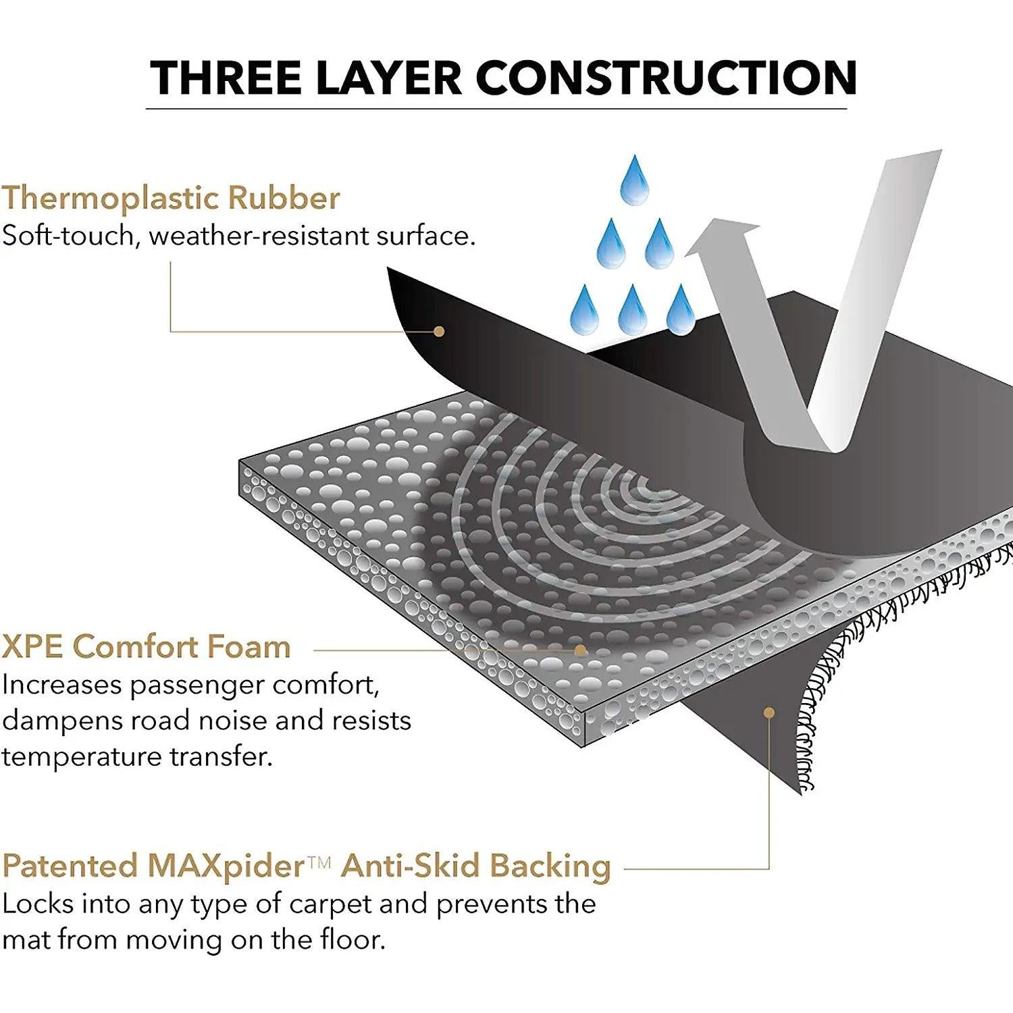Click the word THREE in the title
point(225,78)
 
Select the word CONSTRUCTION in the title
point(667,78)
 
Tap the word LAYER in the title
point(388,78)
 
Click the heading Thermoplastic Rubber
point(171,198)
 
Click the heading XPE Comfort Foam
point(146,646)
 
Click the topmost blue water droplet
point(633,180)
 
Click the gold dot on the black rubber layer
point(439,331)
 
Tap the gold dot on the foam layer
point(580,650)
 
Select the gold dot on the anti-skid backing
point(769,712)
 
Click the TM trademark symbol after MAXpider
point(319,860)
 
